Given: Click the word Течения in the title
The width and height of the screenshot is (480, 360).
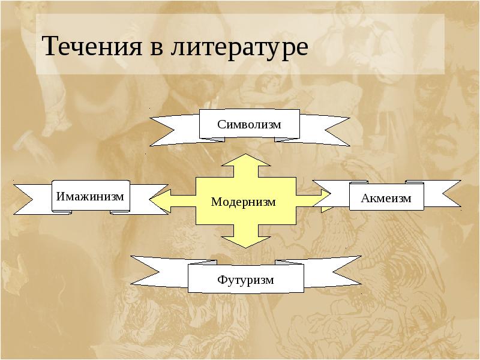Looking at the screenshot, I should tap(88, 47).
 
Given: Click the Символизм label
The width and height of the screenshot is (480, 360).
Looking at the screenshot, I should tap(249, 124).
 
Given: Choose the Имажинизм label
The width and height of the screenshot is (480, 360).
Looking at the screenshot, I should tap(90, 196).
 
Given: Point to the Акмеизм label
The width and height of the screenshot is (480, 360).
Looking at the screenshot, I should tap(386, 198).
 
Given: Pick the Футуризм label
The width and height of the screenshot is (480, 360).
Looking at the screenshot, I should tap(246, 279).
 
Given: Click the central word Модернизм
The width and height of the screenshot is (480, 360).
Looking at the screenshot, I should tap(243, 202).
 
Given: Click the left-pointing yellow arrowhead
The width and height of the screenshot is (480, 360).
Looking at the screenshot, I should tap(158, 202).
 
